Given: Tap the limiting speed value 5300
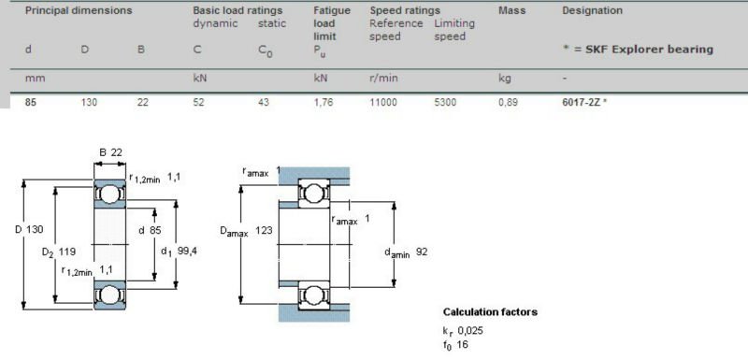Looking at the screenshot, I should (445, 103).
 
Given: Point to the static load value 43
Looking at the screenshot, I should (263, 103).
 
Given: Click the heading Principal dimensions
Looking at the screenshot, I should (79, 10).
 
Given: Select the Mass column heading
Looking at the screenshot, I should (511, 10).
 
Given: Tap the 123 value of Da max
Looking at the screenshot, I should (266, 230).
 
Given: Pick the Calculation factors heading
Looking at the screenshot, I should (490, 311).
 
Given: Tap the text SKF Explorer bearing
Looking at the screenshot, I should (643, 49).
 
